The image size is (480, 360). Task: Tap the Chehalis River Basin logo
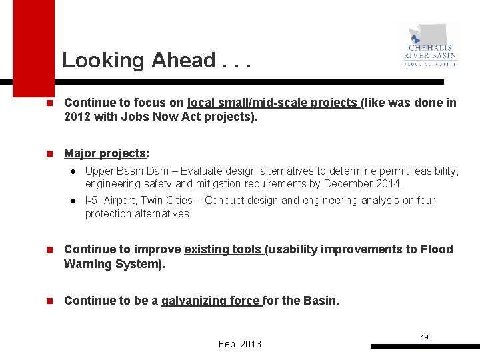(x=430, y=45)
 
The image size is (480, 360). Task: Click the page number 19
(x=424, y=337)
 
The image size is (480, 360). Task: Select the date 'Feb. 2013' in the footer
(x=240, y=344)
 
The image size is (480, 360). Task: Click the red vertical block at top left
(x=33, y=47)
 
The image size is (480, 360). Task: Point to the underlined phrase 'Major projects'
(x=105, y=154)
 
